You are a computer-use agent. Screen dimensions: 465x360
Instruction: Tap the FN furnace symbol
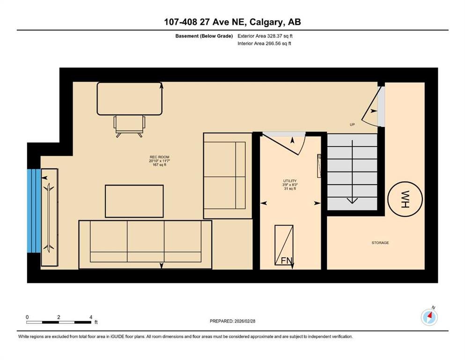coord(284,245)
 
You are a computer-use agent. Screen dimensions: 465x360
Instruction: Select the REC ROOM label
coord(159,157)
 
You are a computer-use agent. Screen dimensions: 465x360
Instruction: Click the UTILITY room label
coord(290,181)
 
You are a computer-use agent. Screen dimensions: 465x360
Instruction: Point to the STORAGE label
coord(380,243)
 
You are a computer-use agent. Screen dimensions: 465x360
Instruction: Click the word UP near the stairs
coord(352,125)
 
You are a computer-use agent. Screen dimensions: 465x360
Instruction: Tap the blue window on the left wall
coord(34,211)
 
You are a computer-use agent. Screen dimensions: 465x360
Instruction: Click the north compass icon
coord(429,317)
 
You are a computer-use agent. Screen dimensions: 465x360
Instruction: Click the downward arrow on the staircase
coord(352,172)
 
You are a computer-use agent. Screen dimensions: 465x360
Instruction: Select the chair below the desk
coord(129,126)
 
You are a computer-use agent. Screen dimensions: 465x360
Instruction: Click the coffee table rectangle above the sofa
coord(134,201)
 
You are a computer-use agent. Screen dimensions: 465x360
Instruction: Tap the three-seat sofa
coord(145,245)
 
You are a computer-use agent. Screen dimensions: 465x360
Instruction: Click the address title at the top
coord(232,22)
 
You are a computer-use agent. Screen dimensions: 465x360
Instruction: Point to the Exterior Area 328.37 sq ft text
coord(265,36)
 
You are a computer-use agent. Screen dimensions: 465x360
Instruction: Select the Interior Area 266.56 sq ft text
coord(264,43)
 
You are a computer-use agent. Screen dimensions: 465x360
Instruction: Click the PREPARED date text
coord(232,321)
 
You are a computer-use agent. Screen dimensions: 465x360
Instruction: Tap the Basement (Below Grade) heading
coord(204,36)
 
